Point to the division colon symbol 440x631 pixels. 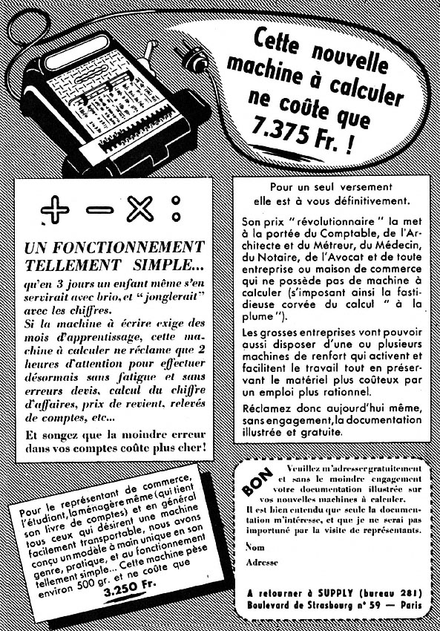[177, 209]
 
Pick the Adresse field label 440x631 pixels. [260, 563]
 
